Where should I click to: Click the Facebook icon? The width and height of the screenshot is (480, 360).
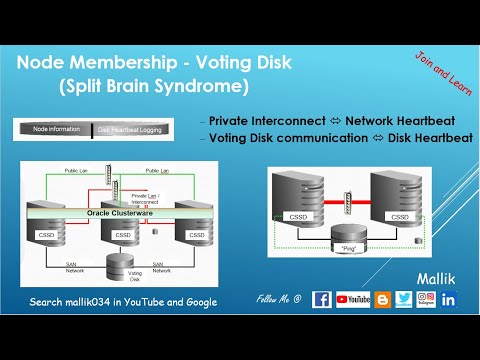coord(322,299)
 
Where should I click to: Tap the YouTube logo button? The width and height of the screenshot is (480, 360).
coord(353,299)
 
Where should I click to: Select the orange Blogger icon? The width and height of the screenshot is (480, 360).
coord(382,299)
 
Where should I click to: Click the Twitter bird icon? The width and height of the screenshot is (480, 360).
coord(403,299)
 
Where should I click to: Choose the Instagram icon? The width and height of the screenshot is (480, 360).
coord(425,299)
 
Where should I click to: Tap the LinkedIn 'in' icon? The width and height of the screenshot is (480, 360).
coord(447,299)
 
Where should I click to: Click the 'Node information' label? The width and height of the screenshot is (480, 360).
coord(55,129)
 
